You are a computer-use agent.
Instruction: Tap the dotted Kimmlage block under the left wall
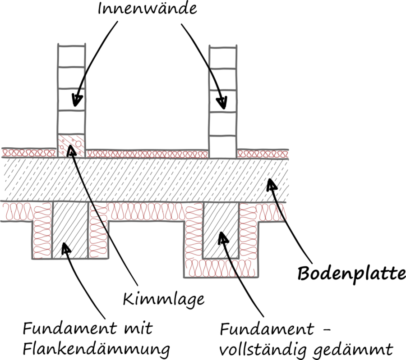72,145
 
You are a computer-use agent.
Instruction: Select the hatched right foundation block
221,230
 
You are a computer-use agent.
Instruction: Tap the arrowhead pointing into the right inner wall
221,102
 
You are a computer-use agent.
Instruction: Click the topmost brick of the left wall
72,56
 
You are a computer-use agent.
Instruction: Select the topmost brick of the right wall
222,57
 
